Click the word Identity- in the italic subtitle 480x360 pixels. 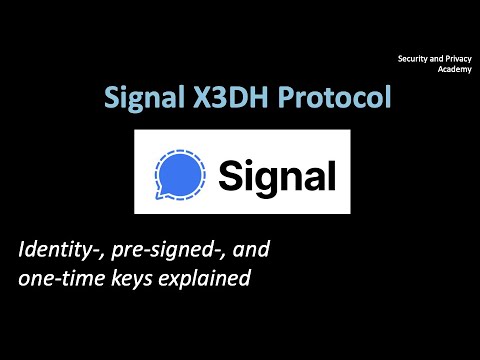[60, 250]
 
